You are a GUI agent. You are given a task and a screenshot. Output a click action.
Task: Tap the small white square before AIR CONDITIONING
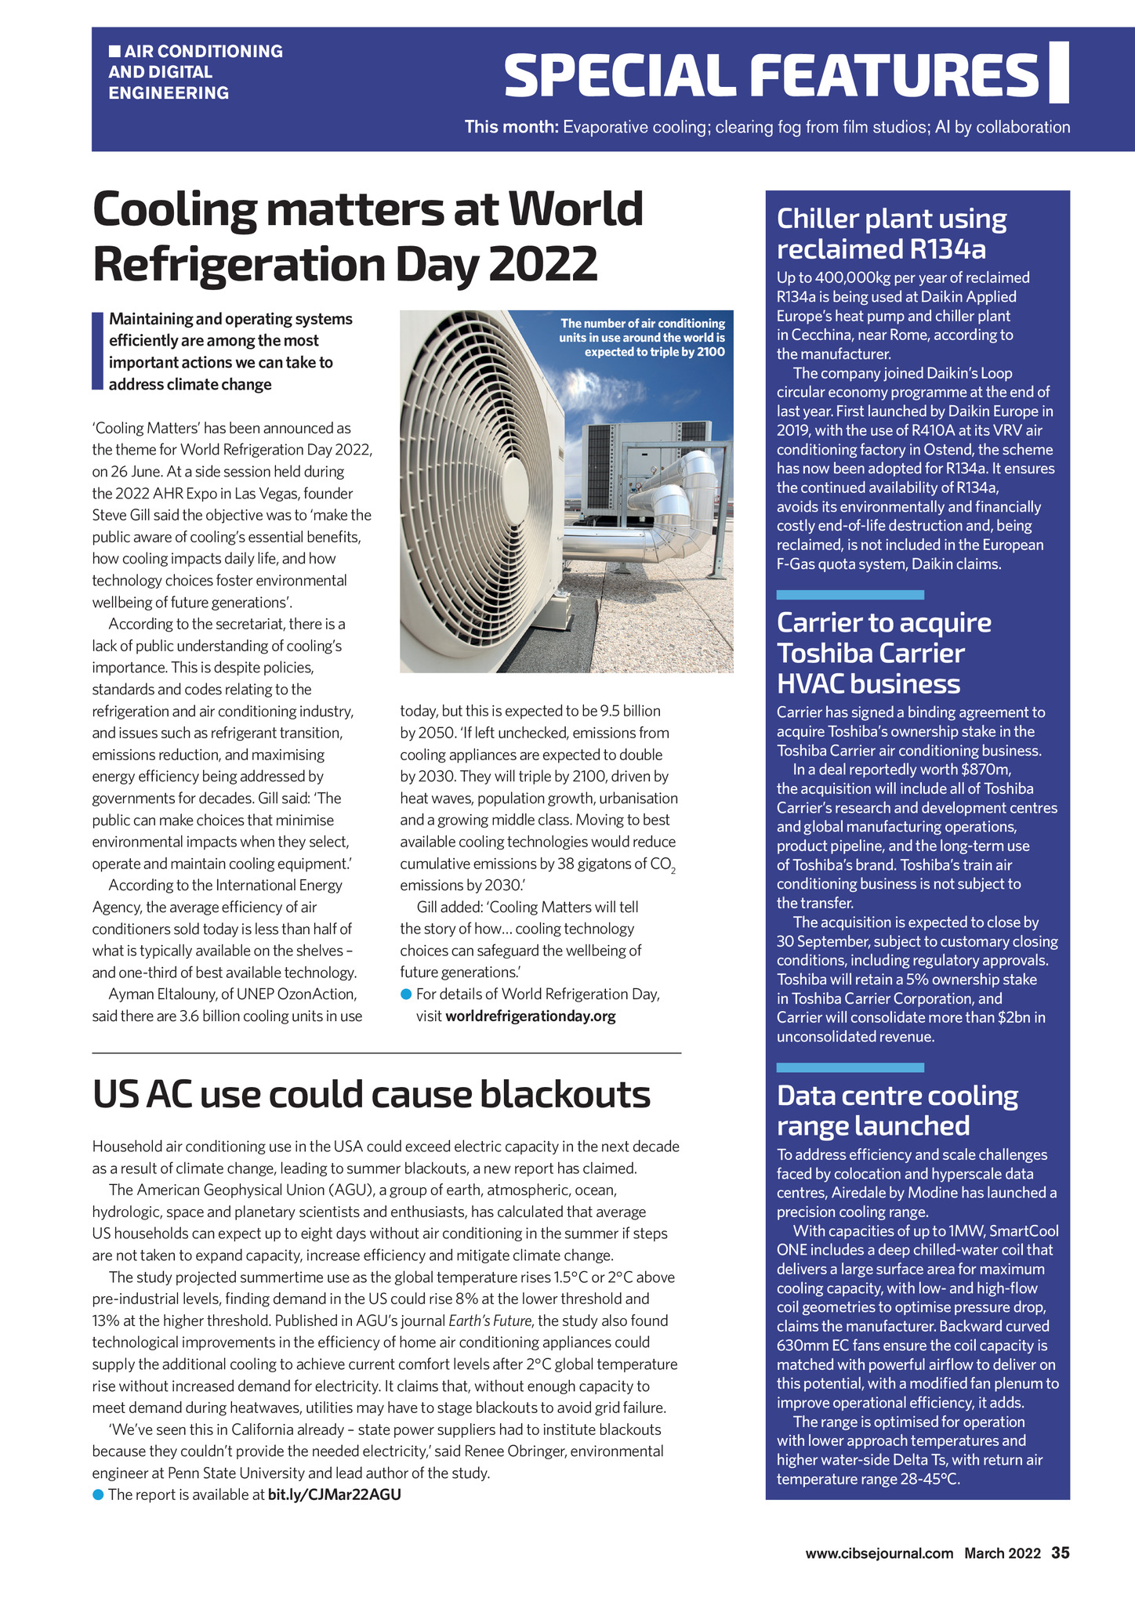114,52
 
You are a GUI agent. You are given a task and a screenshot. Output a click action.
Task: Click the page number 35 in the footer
1061,1552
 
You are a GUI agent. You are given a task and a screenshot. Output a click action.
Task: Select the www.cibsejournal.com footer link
879,1553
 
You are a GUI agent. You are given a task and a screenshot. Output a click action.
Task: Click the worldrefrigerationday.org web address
530,1016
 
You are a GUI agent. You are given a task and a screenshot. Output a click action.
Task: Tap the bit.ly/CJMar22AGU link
334,1494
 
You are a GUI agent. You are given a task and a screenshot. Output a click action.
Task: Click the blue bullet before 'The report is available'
98,1494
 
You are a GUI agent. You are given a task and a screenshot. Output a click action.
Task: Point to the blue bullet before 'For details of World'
406,995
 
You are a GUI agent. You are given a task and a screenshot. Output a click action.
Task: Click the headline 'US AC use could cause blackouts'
371,1094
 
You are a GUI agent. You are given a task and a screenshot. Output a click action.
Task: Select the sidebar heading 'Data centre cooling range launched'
897,1110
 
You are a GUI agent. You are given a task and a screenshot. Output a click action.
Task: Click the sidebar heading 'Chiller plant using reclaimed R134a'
891,234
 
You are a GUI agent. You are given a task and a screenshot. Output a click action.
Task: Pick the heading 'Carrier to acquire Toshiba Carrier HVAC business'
883,653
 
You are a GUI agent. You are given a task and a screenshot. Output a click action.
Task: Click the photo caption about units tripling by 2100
642,338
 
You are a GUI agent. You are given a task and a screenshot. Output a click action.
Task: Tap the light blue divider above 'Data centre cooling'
850,1067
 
